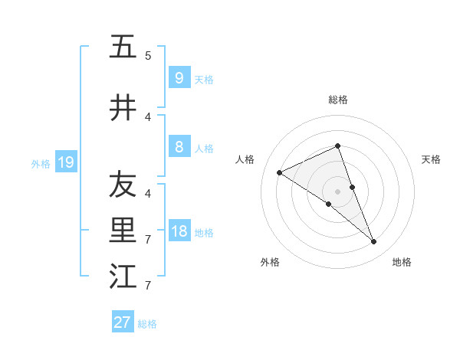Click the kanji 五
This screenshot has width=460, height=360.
point(123,47)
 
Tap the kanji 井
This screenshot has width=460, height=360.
point(123,108)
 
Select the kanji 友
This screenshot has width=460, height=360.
point(123,184)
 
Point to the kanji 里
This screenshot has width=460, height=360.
point(123,230)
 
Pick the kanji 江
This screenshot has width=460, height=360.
point(123,277)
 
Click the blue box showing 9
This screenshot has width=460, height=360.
point(179,77)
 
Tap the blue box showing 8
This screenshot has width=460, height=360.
point(179,147)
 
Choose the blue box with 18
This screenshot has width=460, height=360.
point(179,231)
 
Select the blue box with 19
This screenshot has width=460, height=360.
point(65,162)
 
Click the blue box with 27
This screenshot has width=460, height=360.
point(123,322)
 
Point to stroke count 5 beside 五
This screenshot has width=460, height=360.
point(148,56)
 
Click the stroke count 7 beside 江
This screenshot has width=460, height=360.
point(148,286)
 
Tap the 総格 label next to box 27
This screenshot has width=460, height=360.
point(147,324)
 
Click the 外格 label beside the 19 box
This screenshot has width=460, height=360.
point(41,163)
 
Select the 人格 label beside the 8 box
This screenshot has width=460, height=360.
point(204,148)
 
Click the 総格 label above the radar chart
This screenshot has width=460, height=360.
point(338,100)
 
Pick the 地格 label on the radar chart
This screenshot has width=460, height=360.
point(402,262)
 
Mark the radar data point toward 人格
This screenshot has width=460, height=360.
point(279,173)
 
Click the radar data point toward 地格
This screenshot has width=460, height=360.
point(374,242)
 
